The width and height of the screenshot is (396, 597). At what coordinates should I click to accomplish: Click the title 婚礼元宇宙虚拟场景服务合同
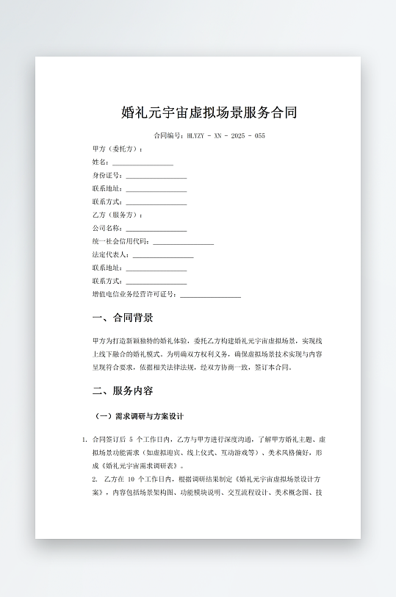209,112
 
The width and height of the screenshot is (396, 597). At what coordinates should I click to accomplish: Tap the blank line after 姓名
143,162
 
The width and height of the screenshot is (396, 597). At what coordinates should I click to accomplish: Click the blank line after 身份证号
156,176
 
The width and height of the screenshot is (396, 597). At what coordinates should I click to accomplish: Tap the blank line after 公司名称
156,228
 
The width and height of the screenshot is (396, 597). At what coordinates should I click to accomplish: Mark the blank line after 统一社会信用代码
183,241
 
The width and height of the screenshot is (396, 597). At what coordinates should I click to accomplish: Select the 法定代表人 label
110,254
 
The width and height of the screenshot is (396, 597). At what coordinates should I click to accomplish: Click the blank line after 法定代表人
162,254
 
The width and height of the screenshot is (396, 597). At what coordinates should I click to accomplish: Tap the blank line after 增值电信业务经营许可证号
210,294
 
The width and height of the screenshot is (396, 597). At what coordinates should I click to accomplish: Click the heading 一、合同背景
123,318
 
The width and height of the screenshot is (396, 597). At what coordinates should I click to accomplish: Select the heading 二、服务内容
123,390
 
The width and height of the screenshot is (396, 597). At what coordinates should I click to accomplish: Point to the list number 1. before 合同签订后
84,440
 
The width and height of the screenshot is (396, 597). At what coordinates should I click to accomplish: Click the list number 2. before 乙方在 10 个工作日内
95,479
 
